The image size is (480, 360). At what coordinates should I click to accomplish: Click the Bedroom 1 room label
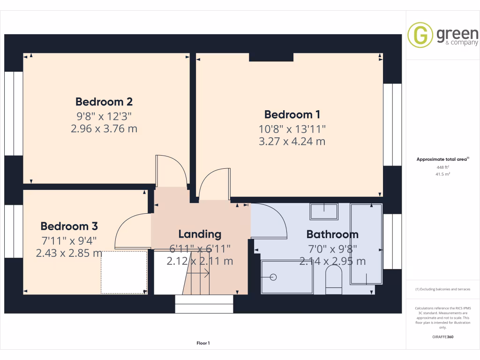click(292, 114)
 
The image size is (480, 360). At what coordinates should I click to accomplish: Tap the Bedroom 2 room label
click(104, 102)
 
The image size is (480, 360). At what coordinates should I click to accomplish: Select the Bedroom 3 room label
click(69, 226)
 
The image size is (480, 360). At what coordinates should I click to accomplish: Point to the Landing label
click(200, 234)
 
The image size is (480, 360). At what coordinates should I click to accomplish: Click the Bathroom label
click(332, 234)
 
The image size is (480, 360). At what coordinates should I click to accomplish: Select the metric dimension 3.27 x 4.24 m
click(292, 141)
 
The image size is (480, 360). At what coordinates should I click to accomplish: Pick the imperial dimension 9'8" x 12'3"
click(104, 115)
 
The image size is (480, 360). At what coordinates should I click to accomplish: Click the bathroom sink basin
click(324, 212)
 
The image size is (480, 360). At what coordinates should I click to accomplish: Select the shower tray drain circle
click(274, 277)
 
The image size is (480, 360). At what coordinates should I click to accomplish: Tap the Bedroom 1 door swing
click(213, 183)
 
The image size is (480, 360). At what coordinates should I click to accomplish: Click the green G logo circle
click(420, 36)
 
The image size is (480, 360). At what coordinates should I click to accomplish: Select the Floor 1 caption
click(203, 344)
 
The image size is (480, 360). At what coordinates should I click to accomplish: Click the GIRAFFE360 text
click(443, 337)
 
